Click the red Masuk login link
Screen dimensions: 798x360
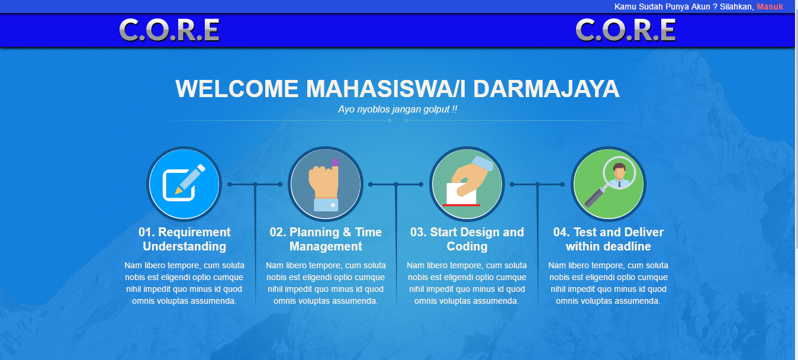click(x=770, y=7)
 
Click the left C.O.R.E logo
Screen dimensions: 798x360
click(x=169, y=30)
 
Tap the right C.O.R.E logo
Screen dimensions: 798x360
click(x=626, y=30)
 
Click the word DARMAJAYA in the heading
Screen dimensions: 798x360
click(x=546, y=89)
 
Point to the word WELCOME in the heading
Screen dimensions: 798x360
click(x=237, y=89)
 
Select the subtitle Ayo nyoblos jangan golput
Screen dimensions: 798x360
click(x=398, y=110)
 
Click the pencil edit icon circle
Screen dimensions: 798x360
click(x=184, y=184)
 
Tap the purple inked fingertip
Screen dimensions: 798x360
click(x=335, y=163)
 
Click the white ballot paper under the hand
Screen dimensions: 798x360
click(x=462, y=194)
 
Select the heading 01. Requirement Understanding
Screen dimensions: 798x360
click(x=184, y=239)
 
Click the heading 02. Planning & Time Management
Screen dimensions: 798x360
click(x=326, y=239)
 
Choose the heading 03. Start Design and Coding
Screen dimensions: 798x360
click(x=467, y=239)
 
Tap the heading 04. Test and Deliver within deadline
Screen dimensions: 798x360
click(x=609, y=239)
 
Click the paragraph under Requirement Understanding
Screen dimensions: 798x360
click(x=184, y=283)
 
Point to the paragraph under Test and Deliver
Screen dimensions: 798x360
click(x=609, y=283)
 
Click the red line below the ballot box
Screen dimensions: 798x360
click(x=461, y=205)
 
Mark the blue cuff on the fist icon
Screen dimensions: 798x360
click(x=326, y=205)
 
